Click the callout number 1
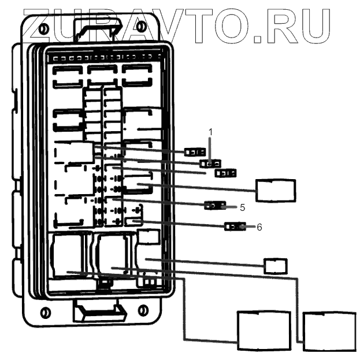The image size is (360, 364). click(211, 132)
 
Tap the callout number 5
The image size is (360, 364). click(243, 207)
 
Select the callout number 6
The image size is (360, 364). click(259, 227)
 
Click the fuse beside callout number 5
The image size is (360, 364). click(216, 205)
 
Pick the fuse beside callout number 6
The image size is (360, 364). click(235, 226)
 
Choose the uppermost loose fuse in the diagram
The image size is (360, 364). click(192, 153)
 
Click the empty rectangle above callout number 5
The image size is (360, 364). click(276, 190)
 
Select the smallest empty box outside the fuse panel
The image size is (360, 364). click(276, 266)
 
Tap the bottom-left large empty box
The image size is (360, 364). click(264, 330)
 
